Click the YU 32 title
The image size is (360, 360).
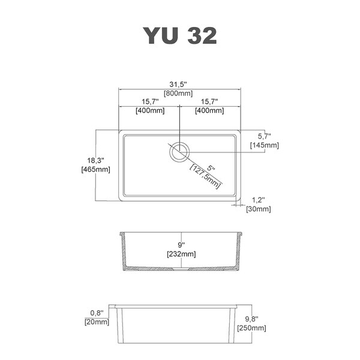click(x=180, y=35)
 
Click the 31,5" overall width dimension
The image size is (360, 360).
click(x=178, y=84)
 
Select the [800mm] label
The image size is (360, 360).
click(x=178, y=93)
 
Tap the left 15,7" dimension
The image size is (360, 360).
click(x=150, y=101)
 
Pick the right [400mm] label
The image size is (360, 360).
click(x=209, y=110)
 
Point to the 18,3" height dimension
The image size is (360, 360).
click(x=96, y=160)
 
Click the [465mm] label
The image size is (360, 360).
click(x=96, y=169)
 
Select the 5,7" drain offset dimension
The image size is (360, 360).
click(x=264, y=136)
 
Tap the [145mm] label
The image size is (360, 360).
click(x=265, y=145)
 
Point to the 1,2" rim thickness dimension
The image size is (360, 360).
click(x=259, y=200)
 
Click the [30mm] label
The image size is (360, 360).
click(x=259, y=209)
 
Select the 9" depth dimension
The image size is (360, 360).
click(x=181, y=245)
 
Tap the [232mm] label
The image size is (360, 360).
click(x=181, y=254)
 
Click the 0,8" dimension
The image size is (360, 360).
click(x=97, y=313)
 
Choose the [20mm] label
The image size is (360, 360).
click(x=97, y=322)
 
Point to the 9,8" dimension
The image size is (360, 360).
click(x=251, y=319)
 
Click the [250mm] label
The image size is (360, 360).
click(x=251, y=328)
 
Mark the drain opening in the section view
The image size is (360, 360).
click(x=181, y=269)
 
